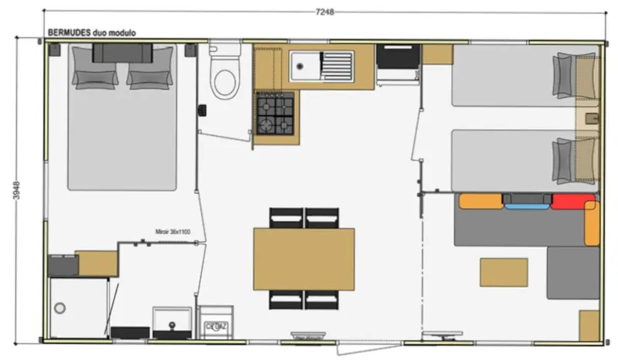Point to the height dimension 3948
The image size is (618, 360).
pos(16,192)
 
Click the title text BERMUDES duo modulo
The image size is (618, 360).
pos(92,34)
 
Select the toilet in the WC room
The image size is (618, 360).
pos(225,78)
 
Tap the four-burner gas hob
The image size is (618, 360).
pos(276,114)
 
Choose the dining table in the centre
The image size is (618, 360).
pos(304,258)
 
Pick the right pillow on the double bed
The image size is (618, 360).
pos(147,76)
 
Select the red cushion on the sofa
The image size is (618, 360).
pos(572,202)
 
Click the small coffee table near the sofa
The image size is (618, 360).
pos(504,272)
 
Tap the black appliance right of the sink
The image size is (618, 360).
pos(397,56)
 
